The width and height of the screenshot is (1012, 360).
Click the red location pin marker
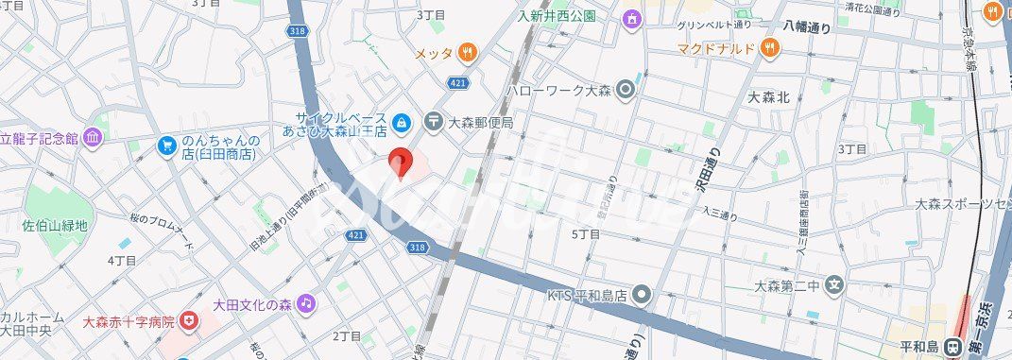(401, 163)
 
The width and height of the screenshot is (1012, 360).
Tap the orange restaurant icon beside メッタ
(466, 53)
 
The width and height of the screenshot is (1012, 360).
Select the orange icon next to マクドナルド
(770, 47)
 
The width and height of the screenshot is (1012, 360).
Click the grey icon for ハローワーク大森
(625, 91)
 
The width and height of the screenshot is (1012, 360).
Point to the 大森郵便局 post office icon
(434, 121)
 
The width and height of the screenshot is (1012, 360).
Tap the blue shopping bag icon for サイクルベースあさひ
(402, 121)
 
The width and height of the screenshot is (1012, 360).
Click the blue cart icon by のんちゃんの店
(166, 146)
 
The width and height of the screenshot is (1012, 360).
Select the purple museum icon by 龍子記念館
(93, 138)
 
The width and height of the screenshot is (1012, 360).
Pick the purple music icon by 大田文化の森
(305, 303)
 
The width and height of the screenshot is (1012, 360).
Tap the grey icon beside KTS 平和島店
(642, 296)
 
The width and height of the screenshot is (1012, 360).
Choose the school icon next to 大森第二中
(833, 284)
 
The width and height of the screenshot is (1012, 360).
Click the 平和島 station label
(919, 347)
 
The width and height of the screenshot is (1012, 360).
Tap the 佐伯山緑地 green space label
(55, 226)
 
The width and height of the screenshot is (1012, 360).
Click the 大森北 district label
(767, 96)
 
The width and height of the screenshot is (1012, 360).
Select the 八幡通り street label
(806, 27)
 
